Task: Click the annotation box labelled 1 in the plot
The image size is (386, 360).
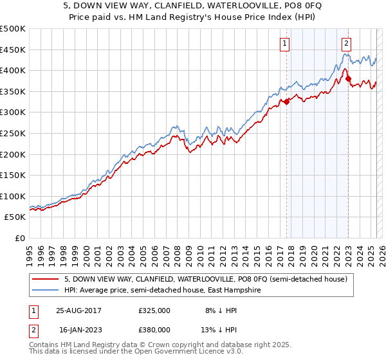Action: [284, 44]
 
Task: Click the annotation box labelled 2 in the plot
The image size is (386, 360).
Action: [346, 44]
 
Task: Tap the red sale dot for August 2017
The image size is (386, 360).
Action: [287, 102]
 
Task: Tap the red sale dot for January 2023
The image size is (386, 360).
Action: [348, 79]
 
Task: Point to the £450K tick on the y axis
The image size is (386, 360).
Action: [13, 50]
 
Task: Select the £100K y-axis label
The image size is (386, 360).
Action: [13, 196]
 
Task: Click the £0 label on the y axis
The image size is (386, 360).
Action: [19, 238]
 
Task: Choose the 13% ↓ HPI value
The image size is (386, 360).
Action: [220, 329]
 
